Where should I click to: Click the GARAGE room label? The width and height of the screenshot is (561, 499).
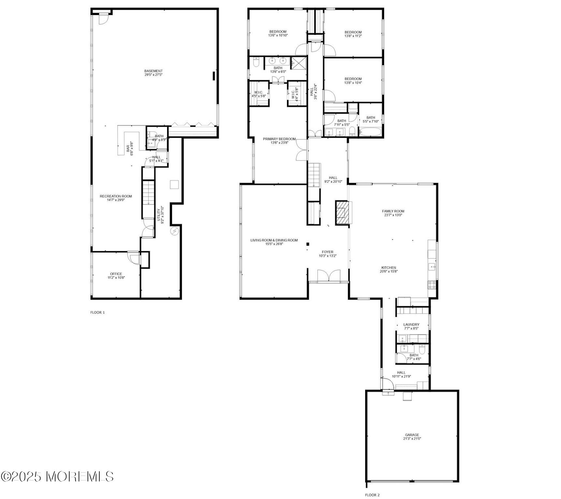tap(412, 435)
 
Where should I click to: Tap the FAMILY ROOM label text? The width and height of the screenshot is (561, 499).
tap(393, 211)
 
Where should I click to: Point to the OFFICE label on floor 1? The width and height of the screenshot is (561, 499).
tap(116, 274)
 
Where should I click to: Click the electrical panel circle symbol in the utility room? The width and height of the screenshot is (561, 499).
tap(175, 231)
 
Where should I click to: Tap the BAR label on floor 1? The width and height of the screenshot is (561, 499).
tap(128, 148)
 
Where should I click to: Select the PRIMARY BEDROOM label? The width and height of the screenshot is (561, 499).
tap(279, 139)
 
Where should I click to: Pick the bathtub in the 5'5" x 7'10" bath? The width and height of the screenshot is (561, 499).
tap(370, 132)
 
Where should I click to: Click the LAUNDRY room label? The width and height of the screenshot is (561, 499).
tap(411, 324)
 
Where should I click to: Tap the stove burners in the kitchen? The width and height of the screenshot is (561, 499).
tap(432, 285)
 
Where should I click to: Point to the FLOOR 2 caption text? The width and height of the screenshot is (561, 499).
tap(372, 495)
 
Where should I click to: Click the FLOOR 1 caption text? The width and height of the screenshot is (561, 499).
tap(97, 312)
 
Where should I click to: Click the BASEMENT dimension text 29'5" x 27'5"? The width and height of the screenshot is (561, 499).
tap(153, 75)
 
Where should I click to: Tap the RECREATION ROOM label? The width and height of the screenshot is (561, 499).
tap(116, 196)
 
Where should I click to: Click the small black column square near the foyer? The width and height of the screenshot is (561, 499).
tap(307, 244)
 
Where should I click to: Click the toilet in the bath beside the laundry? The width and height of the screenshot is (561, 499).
tap(422, 350)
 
